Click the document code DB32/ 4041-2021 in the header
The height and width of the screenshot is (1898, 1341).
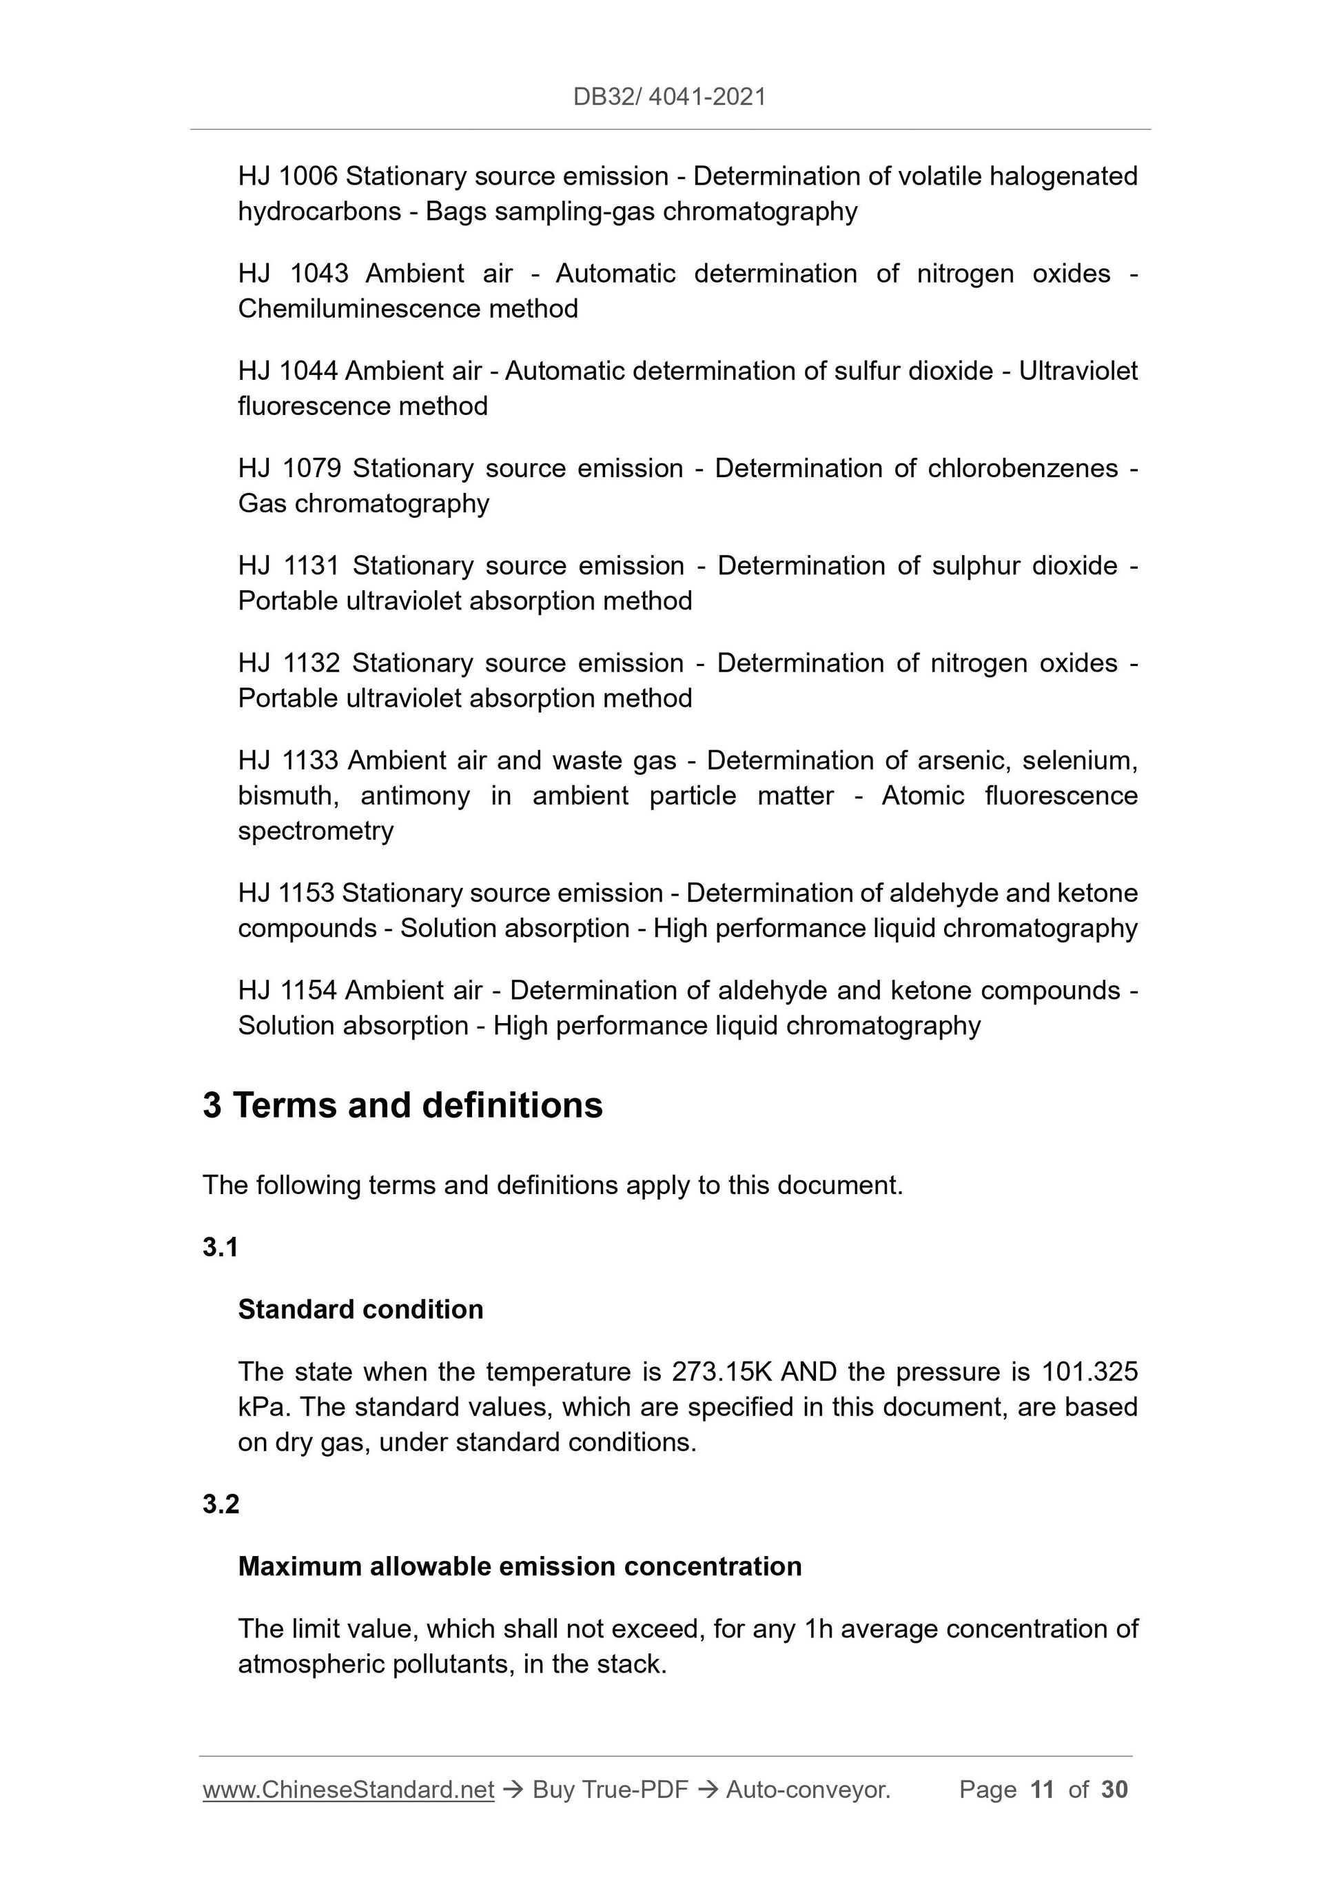coord(669,97)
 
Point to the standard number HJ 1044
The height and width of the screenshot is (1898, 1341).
coord(287,371)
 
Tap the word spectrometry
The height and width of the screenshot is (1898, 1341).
coord(316,831)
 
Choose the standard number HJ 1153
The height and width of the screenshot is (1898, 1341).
coord(286,894)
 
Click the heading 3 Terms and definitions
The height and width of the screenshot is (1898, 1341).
coord(402,1106)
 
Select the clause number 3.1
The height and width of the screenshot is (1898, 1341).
coord(221,1247)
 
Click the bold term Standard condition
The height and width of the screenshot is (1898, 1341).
coord(360,1309)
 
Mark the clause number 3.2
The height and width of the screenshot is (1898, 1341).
coord(221,1504)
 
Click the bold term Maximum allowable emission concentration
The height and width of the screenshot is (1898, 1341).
coord(520,1566)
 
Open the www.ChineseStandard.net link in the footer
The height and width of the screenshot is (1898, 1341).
coord(348,1790)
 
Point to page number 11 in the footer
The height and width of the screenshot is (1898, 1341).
coord(1042,1790)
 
